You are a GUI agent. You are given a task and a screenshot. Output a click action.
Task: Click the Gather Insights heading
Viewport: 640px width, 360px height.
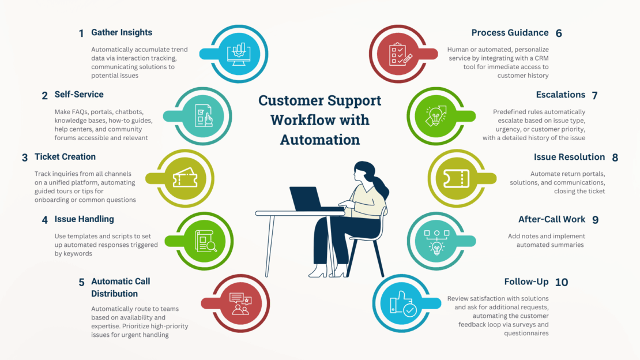[122, 32]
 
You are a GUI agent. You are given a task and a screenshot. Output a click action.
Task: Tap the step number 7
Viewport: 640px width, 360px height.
[594, 95]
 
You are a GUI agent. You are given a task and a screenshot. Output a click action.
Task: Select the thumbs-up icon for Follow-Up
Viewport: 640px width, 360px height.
[403, 303]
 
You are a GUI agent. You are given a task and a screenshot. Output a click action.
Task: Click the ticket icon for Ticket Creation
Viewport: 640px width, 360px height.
[185, 179]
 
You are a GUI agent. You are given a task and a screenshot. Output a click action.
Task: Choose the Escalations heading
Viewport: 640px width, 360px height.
[560, 95]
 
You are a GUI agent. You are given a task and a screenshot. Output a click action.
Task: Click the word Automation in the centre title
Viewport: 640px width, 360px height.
[319, 140]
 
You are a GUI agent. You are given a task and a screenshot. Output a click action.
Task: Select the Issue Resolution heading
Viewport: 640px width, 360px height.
[569, 157]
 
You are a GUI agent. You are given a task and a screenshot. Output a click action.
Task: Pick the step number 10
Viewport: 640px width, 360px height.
[562, 282]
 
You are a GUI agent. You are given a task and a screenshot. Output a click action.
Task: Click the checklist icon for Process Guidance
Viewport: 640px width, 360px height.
[400, 54]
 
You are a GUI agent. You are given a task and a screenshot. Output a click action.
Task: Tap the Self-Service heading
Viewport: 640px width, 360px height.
[79, 95]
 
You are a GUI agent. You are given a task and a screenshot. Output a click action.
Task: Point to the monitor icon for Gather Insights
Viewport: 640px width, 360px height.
[239, 54]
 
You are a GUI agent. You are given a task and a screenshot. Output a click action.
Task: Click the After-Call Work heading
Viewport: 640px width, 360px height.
[552, 219]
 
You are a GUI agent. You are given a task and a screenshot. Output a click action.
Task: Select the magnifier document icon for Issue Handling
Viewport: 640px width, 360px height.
[205, 241]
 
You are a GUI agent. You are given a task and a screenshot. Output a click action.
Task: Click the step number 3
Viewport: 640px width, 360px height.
[25, 157]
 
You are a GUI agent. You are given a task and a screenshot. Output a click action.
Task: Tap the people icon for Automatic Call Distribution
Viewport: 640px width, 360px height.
[240, 303]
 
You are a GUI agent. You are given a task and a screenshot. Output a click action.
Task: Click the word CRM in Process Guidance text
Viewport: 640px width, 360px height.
[541, 58]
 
